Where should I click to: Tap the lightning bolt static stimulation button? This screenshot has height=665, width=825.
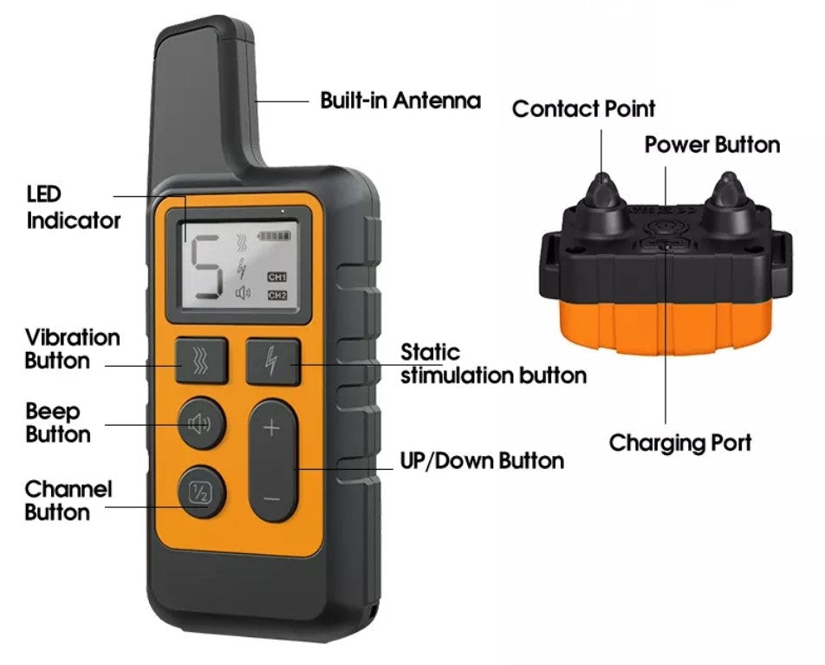pyautogui.click(x=272, y=362)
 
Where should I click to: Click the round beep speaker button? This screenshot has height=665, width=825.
pyautogui.click(x=202, y=423)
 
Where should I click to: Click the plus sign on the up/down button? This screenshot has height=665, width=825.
pyautogui.click(x=271, y=427)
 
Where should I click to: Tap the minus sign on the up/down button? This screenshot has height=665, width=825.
pyautogui.click(x=271, y=498)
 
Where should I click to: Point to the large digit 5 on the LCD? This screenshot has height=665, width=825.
pyautogui.click(x=205, y=268)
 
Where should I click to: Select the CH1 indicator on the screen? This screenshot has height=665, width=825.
pyautogui.click(x=276, y=277)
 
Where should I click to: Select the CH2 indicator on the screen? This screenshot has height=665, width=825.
pyautogui.click(x=276, y=295)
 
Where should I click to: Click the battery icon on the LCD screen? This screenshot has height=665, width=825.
pyautogui.click(x=273, y=235)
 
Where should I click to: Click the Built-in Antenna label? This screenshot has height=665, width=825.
pyautogui.click(x=400, y=100)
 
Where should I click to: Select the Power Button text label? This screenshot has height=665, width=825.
pyautogui.click(x=711, y=145)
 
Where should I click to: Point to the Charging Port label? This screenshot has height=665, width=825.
pyautogui.click(x=680, y=443)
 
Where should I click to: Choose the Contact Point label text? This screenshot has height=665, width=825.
pyautogui.click(x=583, y=109)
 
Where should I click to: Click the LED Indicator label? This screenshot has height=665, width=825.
pyautogui.click(x=73, y=207)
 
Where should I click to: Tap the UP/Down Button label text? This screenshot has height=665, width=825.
pyautogui.click(x=482, y=460)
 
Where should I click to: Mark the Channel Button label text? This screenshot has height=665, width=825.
pyautogui.click(x=68, y=500)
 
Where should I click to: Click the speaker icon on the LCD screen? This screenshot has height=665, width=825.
pyautogui.click(x=243, y=293)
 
